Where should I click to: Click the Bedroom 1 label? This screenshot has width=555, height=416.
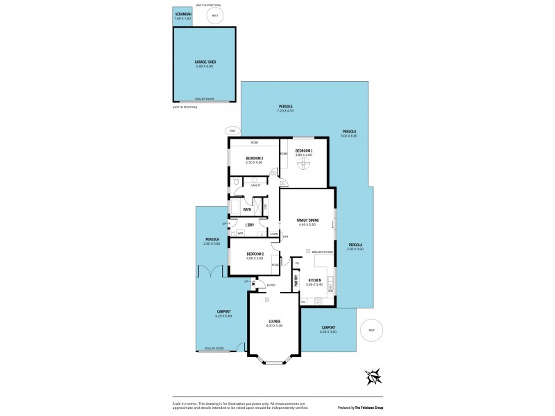303,150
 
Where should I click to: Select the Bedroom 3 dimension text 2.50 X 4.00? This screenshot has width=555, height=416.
254,163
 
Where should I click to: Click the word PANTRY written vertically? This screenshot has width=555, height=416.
296,281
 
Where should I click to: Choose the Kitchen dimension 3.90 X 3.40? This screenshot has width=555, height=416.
314,284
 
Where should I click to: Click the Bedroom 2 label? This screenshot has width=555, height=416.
254,254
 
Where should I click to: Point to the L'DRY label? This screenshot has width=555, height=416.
249,224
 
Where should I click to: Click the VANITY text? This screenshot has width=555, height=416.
256,187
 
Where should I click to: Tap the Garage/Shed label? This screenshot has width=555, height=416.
205,62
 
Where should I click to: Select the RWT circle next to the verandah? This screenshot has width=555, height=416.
215,15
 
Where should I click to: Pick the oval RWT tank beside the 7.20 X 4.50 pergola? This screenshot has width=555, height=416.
232,130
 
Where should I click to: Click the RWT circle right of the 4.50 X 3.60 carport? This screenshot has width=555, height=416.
372,330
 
